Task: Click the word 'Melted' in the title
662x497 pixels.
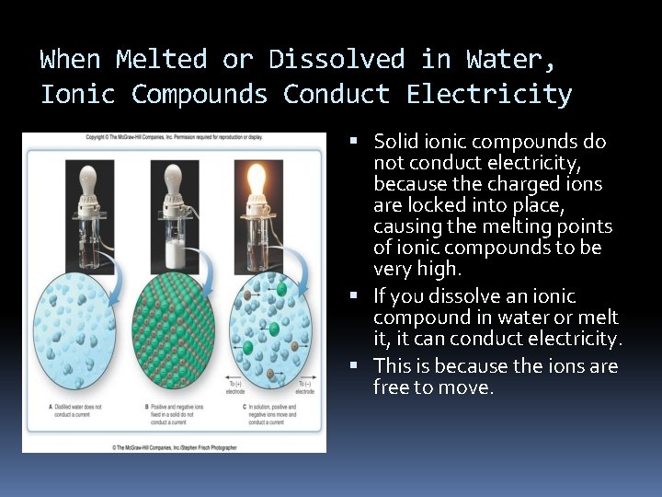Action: click(x=161, y=60)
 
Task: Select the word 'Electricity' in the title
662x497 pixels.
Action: click(x=489, y=95)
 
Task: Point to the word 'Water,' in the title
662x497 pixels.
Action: click(x=510, y=60)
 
